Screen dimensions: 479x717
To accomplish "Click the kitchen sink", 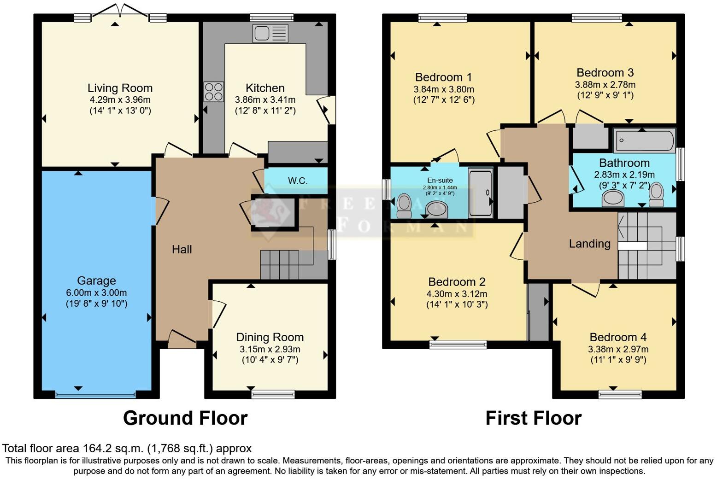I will pyautogui.click(x=270, y=34).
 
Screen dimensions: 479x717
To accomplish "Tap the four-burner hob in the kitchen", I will pyautogui.click(x=214, y=91).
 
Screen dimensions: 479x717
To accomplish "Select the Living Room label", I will pyautogui.click(x=120, y=88).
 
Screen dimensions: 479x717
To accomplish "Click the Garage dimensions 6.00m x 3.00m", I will pyautogui.click(x=96, y=292).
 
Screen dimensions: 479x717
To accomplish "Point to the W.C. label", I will pyautogui.click(x=298, y=181).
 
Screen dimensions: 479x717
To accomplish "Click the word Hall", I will pyautogui.click(x=182, y=250).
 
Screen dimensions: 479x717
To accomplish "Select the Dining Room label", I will pyautogui.click(x=270, y=337).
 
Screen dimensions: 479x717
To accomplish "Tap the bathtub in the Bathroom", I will pyautogui.click(x=644, y=140).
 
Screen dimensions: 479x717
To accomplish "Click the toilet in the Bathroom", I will pyautogui.click(x=656, y=195).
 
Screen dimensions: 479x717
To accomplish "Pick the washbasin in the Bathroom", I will pyautogui.click(x=613, y=199).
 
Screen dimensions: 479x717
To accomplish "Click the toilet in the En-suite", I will pyautogui.click(x=404, y=205).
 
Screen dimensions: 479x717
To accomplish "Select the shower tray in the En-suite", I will pyautogui.click(x=480, y=193).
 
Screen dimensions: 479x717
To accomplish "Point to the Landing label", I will pyautogui.click(x=589, y=244).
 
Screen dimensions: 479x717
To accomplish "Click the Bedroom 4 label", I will pyautogui.click(x=618, y=337).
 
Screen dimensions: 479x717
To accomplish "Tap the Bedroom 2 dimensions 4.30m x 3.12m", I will pyautogui.click(x=457, y=294).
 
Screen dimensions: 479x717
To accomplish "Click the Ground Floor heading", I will pyautogui.click(x=185, y=418).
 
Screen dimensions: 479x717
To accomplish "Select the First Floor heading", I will pyautogui.click(x=533, y=418).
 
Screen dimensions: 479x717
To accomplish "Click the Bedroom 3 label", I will pyautogui.click(x=605, y=73).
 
